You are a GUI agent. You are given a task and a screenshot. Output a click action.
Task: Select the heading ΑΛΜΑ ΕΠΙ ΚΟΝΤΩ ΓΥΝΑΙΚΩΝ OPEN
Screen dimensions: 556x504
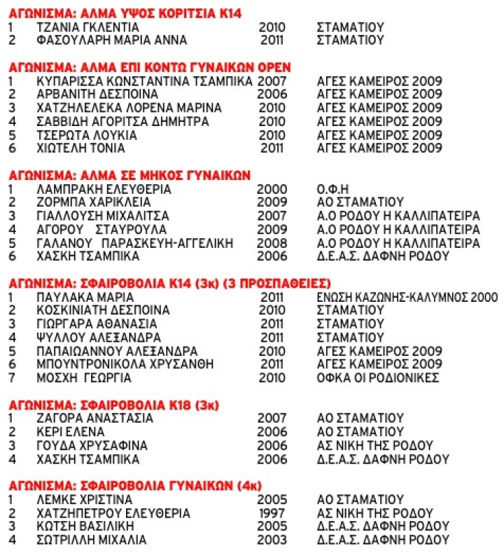pyautogui.click(x=150, y=67)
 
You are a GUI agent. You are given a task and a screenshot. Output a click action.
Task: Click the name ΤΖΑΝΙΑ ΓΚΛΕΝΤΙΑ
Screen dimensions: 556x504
pyautogui.click(x=88, y=27)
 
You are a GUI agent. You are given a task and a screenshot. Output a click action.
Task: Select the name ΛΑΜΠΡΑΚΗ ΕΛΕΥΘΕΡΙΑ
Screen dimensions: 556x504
pyautogui.click(x=104, y=189)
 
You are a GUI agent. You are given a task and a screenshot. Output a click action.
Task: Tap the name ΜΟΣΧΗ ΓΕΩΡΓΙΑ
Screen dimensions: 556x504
pyautogui.click(x=84, y=378)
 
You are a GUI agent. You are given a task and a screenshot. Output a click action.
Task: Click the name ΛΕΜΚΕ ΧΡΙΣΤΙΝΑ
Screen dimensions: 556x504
pyautogui.click(x=85, y=500)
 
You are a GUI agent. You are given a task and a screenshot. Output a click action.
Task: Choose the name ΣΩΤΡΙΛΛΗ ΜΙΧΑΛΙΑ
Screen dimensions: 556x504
pyautogui.click(x=92, y=540)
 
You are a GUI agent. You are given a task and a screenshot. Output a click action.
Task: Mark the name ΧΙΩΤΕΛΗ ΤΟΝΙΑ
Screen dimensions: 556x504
pyautogui.click(x=81, y=148)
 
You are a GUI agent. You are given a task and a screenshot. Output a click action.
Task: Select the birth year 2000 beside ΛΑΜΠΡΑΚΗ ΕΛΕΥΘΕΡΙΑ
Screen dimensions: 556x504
pyautogui.click(x=272, y=189)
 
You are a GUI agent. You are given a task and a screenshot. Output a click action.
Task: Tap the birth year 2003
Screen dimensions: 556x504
pyautogui.click(x=272, y=540)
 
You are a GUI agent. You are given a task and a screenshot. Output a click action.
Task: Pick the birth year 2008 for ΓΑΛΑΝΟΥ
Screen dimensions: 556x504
pyautogui.click(x=272, y=243)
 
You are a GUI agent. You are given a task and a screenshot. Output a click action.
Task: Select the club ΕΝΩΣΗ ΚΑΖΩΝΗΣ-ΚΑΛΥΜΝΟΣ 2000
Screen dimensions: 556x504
pyautogui.click(x=407, y=297)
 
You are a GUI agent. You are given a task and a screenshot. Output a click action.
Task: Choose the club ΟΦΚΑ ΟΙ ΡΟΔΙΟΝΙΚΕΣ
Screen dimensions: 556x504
pyautogui.click(x=377, y=378)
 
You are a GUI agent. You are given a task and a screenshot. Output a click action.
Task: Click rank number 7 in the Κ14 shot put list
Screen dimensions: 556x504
pyautogui.click(x=11, y=378)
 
